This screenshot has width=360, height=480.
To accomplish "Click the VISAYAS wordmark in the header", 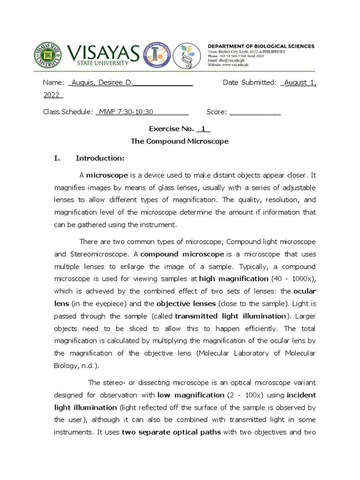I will [103, 52].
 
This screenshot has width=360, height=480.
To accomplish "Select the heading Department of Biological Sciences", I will [261, 46].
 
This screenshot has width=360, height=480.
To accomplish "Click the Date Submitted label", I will [249, 83].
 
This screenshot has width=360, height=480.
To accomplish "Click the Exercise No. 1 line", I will [180, 129].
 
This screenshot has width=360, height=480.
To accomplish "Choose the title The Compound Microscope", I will [180, 141].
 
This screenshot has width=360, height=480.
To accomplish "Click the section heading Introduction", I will [100, 158].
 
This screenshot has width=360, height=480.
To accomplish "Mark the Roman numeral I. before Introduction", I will [57, 158].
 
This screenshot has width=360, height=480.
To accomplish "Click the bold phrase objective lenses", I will [186, 303].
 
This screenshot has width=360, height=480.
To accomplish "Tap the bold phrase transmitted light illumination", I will [230, 315].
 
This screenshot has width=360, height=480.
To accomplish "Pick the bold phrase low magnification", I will [191, 395].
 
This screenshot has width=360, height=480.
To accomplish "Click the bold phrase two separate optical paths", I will [171, 433].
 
